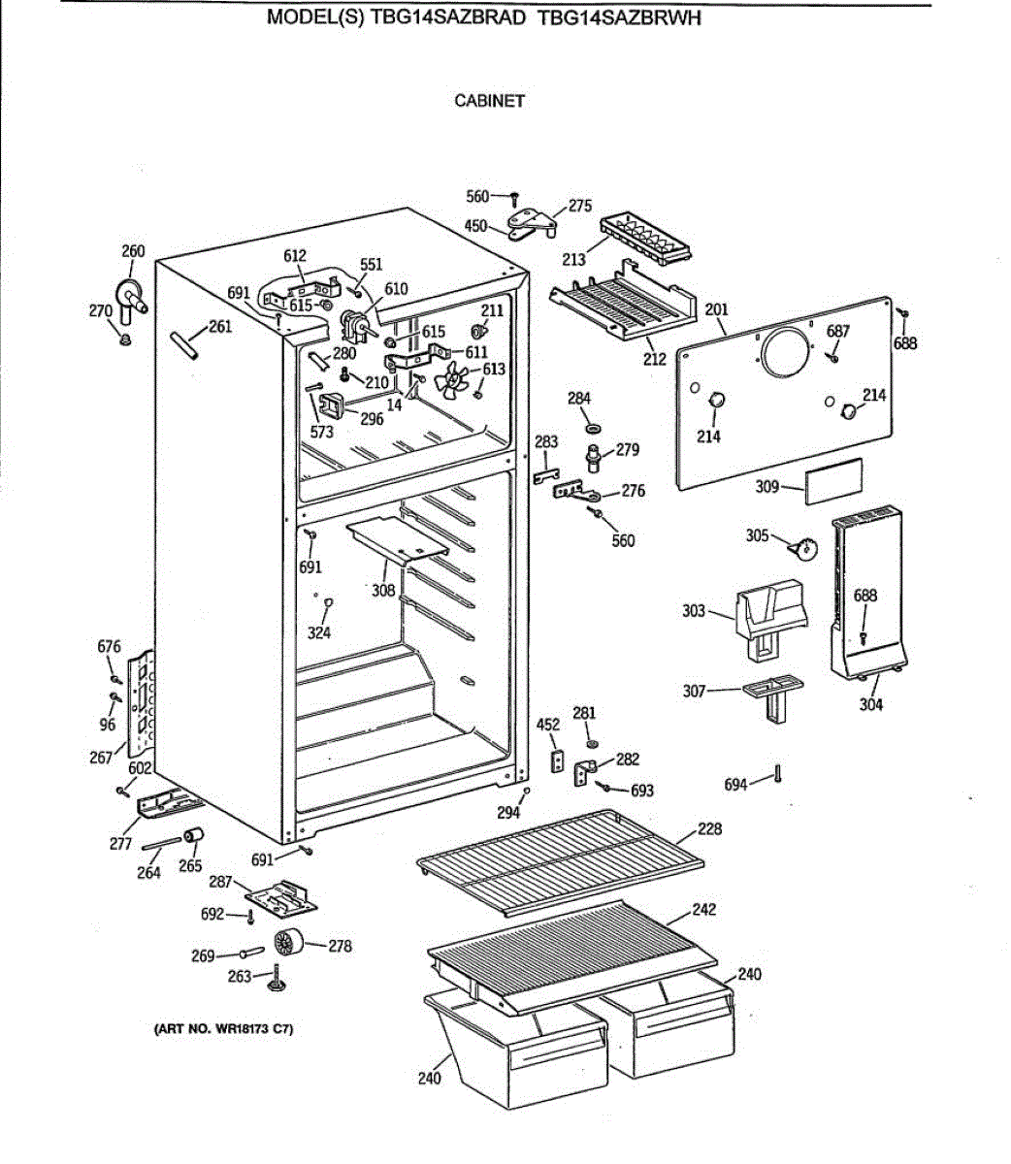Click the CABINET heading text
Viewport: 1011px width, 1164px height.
[x=489, y=100]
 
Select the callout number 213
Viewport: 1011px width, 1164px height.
[x=573, y=259]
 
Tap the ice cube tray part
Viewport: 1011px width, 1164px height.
[x=647, y=237]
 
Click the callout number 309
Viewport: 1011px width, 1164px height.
[x=767, y=486]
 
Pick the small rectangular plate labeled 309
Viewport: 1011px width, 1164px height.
[x=827, y=481]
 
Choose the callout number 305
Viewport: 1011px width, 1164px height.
[x=757, y=534]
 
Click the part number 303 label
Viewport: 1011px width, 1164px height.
[x=694, y=611]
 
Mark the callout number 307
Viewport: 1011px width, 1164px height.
[x=694, y=691]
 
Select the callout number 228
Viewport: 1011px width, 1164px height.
[x=709, y=829]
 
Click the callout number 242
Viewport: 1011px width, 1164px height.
[x=704, y=910]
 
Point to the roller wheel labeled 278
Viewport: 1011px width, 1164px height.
[x=288, y=942]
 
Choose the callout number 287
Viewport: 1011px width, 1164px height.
[x=221, y=882]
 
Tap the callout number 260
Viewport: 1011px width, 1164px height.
[x=133, y=251]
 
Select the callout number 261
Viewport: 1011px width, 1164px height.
[x=220, y=327]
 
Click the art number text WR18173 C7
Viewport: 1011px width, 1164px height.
[x=223, y=1028]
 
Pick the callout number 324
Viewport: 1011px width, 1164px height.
[x=319, y=632]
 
